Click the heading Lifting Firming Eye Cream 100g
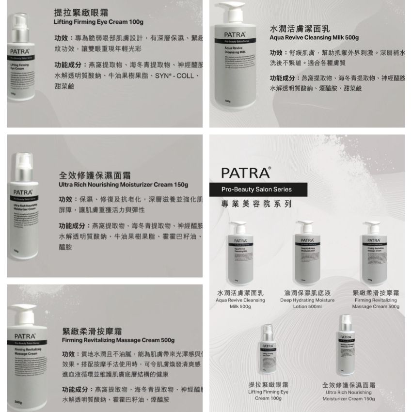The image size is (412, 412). point(98,22)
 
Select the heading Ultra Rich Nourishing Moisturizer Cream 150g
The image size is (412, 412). point(123,185)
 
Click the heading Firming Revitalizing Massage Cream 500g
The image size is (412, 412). point(118,340)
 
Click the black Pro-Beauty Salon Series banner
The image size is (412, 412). point(256,190)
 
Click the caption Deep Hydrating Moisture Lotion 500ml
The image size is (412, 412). point(307,303)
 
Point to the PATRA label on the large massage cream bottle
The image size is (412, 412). point(24,336)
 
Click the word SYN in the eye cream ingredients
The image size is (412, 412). point(162,76)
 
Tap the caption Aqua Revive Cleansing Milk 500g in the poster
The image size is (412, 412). point(240,303)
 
